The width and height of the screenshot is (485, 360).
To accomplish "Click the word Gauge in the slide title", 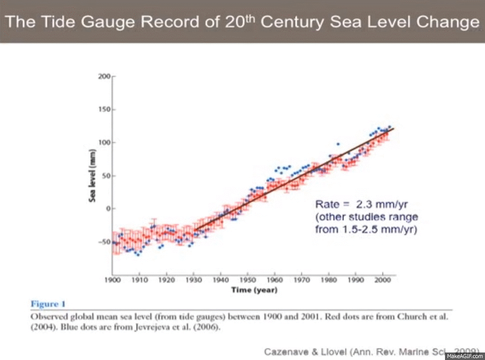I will pos(106,22).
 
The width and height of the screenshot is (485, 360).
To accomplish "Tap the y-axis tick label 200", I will pos(104,76).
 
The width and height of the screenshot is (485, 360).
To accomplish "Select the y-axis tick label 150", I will pos(104,109).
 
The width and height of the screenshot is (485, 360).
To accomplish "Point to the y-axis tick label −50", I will pos(103,241).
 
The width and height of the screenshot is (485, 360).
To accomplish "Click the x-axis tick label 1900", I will pos(112,280).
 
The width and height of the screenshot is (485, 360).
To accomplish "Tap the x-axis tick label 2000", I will pos(382,280).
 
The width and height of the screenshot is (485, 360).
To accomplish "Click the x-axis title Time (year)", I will pos(254,289).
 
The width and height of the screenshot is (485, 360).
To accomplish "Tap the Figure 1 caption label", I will pos(48,304).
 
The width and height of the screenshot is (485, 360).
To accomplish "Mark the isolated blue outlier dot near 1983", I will pos(338,144).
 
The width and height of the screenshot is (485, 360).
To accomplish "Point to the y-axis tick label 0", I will pos(107,208).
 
